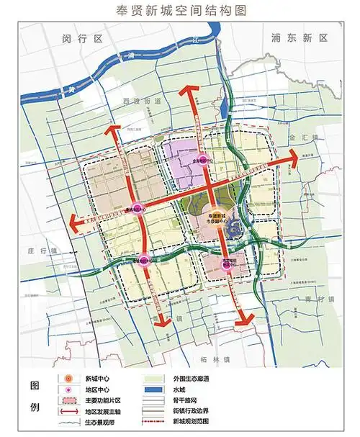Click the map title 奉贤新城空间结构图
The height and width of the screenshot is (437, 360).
coord(180,10)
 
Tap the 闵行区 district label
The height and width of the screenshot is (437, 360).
coord(83,37)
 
